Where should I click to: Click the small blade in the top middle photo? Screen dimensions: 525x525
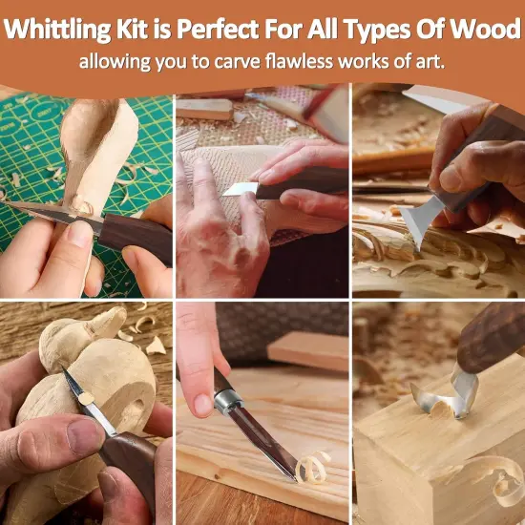pyautogui.click(x=239, y=189)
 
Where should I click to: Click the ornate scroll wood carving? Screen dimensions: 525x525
pyautogui.click(x=420, y=267)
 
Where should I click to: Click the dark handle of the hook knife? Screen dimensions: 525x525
pyautogui.click(x=492, y=339)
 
